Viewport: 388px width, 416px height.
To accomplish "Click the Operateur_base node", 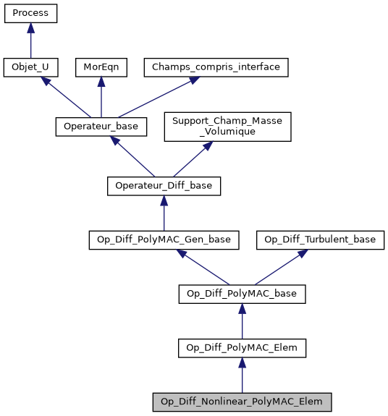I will click(x=101, y=126).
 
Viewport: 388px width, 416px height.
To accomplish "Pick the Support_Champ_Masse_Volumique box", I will click(x=227, y=126).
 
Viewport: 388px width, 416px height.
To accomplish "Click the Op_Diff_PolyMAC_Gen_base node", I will click(x=164, y=239).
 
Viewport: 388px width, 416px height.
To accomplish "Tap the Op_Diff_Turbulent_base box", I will click(x=319, y=239).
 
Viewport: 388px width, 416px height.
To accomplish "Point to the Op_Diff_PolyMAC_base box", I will click(x=242, y=294).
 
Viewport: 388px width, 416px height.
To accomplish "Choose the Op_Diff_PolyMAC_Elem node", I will click(x=242, y=348).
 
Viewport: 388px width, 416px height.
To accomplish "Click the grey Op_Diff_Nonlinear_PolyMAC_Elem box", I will click(x=242, y=402).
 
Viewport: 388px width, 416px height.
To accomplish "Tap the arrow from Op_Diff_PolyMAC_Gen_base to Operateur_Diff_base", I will click(x=164, y=213).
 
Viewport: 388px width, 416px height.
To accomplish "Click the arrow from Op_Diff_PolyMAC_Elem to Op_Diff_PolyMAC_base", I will click(x=242, y=321).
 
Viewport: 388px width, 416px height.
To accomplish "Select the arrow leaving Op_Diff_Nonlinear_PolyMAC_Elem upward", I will click(x=242, y=375).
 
